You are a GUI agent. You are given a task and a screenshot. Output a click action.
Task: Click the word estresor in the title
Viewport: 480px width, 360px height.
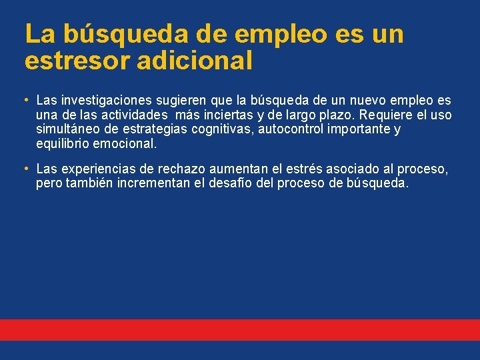click(73, 61)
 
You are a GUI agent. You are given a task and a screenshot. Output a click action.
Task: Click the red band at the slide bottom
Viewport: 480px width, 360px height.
click(240, 329)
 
